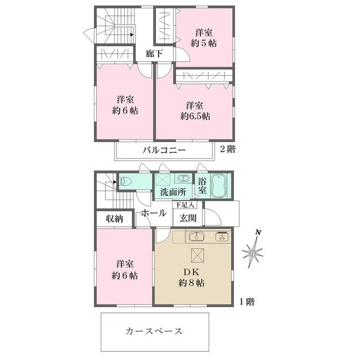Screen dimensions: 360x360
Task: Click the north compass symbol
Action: (253, 249)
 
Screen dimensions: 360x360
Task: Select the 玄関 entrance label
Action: (188, 218)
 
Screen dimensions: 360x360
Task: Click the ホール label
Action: (153, 213)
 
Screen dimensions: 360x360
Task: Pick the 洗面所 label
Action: (173, 192)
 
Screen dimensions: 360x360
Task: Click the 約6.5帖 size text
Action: (195, 116)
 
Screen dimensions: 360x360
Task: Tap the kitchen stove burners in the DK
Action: (221, 236)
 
